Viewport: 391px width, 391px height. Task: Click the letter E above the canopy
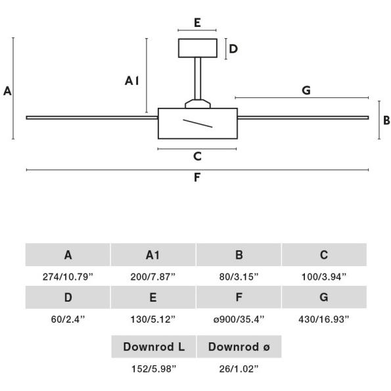pos(197,23)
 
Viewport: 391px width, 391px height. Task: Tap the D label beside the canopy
pos(233,49)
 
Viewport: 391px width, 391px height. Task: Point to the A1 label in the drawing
pos(131,81)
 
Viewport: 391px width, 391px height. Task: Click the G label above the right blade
pos(306,90)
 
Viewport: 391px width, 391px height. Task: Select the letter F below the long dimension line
pos(197,177)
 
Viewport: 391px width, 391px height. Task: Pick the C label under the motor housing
pos(197,156)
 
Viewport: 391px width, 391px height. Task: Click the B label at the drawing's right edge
pos(386,120)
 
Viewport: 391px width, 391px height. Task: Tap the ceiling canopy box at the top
pos(198,48)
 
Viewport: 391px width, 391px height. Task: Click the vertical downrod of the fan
pos(198,79)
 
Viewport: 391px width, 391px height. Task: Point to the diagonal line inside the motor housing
pos(198,124)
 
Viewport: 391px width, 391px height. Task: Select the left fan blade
pos(92,118)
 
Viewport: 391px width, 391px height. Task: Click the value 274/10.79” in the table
pos(68,277)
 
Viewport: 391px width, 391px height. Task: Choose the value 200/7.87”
pos(153,277)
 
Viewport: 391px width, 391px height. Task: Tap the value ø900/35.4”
pos(239,319)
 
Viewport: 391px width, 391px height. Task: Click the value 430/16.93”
pos(324,319)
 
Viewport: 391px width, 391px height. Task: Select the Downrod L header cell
pos(154,346)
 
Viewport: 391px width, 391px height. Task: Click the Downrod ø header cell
pos(239,346)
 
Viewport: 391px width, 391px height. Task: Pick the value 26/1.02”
pos(239,369)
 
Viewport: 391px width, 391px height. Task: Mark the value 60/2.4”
pos(68,319)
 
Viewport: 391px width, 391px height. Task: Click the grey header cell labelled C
pos(324,255)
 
